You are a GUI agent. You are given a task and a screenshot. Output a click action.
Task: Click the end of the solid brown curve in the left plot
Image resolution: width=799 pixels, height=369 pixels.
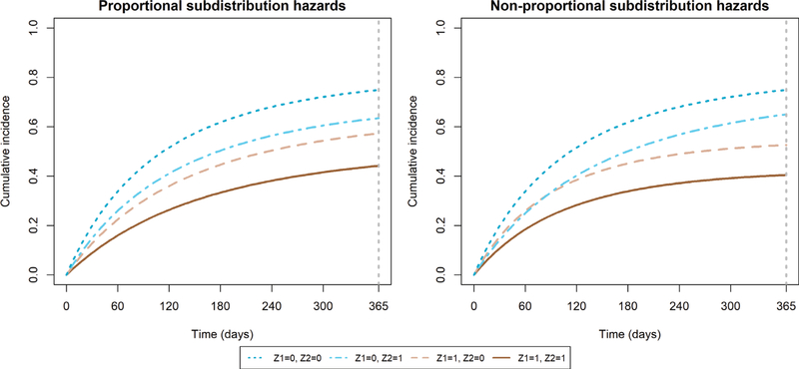tap(377, 166)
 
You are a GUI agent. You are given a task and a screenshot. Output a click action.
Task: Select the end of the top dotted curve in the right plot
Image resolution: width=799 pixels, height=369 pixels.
tap(784, 90)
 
